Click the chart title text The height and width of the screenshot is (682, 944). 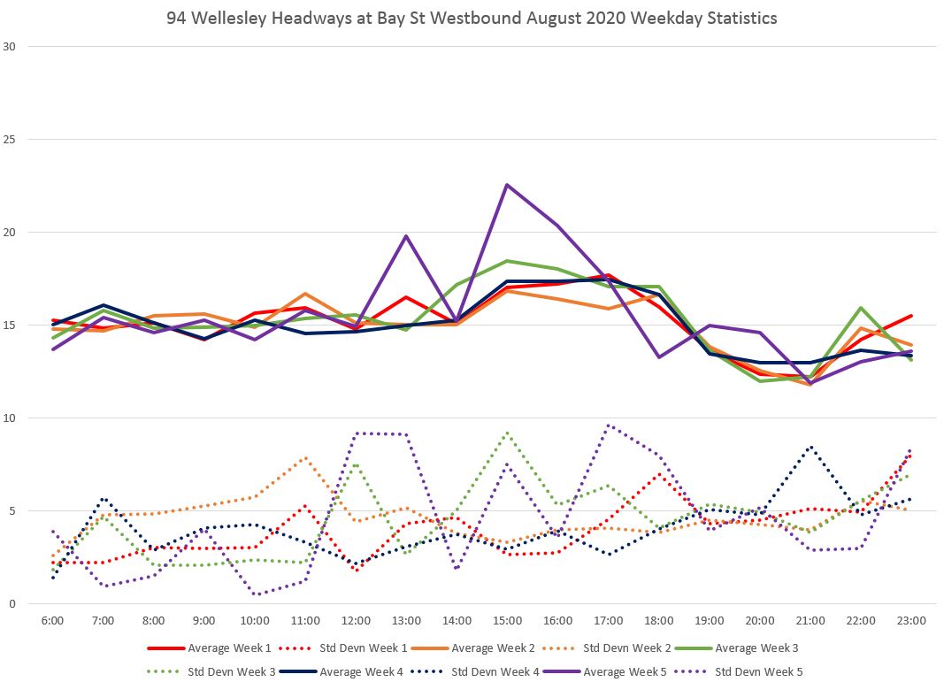[472, 18]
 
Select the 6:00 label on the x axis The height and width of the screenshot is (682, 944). [52, 621]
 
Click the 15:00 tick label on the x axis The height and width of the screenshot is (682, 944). [507, 621]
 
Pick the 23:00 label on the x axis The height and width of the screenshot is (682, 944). [911, 621]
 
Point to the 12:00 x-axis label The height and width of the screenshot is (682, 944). [356, 621]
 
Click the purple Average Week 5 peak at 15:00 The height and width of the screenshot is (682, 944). [507, 185]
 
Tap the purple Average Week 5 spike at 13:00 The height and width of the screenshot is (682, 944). [406, 236]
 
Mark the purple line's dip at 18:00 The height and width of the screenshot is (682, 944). [659, 357]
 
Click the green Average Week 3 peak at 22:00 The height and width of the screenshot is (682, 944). [861, 308]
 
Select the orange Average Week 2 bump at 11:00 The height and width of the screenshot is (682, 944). [305, 294]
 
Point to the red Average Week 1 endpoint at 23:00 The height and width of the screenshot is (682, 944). [911, 316]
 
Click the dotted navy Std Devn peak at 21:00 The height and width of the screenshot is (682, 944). [810, 447]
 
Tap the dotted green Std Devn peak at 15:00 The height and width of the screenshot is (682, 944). [507, 433]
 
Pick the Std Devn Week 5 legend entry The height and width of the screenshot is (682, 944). [759, 671]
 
